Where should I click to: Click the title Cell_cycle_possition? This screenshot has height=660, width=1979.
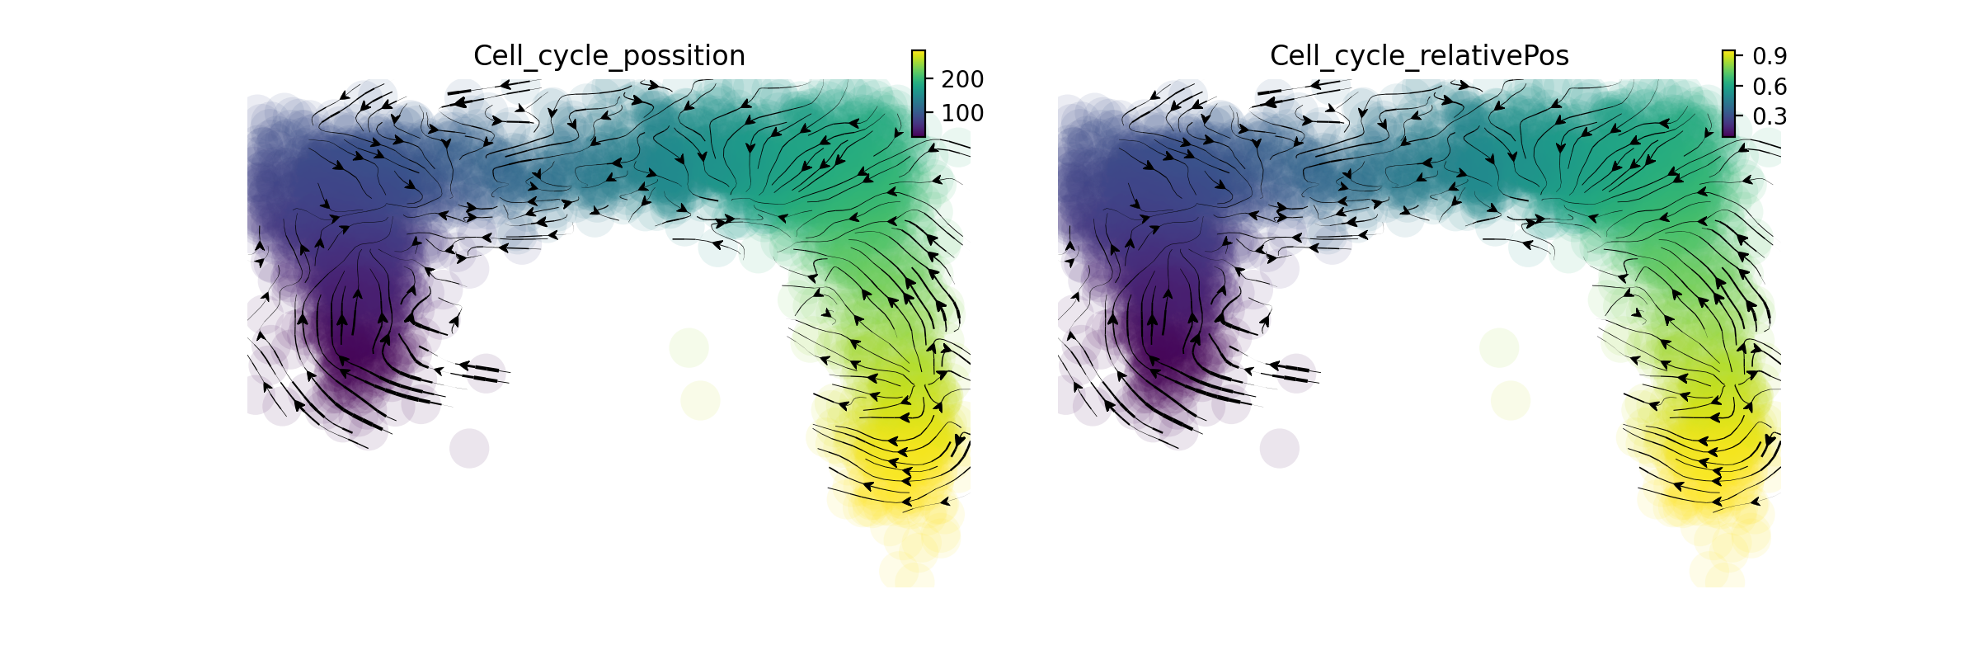pyautogui.click(x=609, y=56)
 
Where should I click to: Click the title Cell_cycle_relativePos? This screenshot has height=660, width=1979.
pyautogui.click(x=1418, y=56)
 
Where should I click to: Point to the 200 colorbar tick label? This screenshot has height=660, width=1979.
pyautogui.click(x=962, y=79)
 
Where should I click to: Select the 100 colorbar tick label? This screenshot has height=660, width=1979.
pyautogui.click(x=962, y=113)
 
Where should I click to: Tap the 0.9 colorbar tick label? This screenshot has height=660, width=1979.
pyautogui.click(x=1770, y=56)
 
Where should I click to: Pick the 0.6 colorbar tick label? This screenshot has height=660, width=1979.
pyautogui.click(x=1770, y=87)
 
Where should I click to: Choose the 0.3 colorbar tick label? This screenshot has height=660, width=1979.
pyautogui.click(x=1770, y=116)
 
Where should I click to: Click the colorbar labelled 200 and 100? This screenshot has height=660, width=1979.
pyautogui.click(x=918, y=93)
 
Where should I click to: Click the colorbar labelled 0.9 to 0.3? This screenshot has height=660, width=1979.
pyautogui.click(x=1728, y=93)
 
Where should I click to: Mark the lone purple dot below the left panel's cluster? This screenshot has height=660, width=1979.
pyautogui.click(x=469, y=448)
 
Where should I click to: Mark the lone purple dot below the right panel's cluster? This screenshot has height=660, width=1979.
pyautogui.click(x=1280, y=448)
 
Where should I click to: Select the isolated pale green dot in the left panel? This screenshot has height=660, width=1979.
pyautogui.click(x=689, y=347)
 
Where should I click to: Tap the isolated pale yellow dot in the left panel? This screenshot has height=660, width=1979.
pyautogui.click(x=700, y=400)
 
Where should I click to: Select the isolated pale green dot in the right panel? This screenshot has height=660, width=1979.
pyautogui.click(x=1499, y=347)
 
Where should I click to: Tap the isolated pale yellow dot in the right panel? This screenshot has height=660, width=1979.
pyautogui.click(x=1511, y=400)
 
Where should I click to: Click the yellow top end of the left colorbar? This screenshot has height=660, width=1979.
pyautogui.click(x=918, y=54)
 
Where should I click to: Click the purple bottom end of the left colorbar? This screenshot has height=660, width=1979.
pyautogui.click(x=918, y=133)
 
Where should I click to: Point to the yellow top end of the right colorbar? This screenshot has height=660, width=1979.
pyautogui.click(x=1728, y=54)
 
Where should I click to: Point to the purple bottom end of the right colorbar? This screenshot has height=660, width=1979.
pyautogui.click(x=1728, y=133)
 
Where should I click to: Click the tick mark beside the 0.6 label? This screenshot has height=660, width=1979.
pyautogui.click(x=1737, y=86)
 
